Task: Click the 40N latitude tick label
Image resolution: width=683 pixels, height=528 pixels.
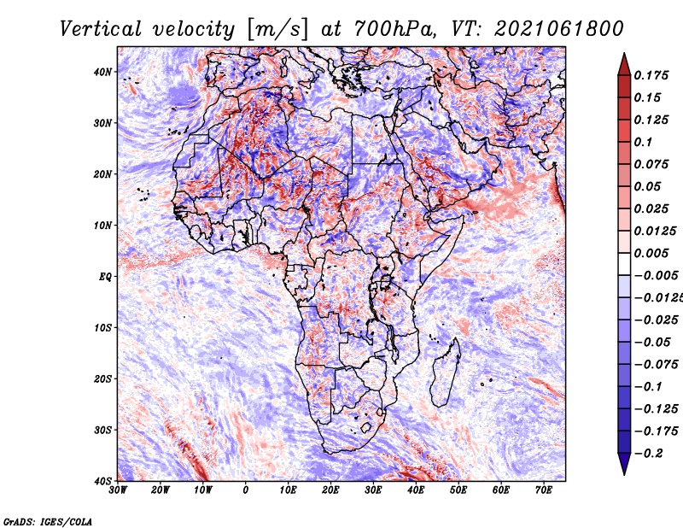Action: pos(102,72)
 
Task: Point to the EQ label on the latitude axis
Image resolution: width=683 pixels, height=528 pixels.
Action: pos(105,277)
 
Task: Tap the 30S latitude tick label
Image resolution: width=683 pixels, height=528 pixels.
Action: pos(102,431)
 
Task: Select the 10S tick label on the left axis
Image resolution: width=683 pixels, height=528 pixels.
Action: pos(102,328)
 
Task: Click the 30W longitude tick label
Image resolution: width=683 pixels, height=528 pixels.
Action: pos(118,490)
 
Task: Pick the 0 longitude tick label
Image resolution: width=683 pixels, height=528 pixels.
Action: pos(246,490)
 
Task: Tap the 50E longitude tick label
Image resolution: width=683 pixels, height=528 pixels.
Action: pos(458,490)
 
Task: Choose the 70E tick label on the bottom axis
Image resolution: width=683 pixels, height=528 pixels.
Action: pos(544,490)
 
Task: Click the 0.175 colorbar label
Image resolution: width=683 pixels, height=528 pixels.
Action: pos(651,75)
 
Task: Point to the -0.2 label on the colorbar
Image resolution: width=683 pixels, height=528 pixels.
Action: pos(649,453)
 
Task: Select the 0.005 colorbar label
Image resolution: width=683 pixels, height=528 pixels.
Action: pos(651,253)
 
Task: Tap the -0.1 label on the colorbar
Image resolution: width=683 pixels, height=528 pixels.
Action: pos(648,387)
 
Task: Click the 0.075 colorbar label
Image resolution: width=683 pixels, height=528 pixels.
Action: pos(651,164)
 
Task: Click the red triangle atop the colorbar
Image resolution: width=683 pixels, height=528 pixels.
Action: pos(624,66)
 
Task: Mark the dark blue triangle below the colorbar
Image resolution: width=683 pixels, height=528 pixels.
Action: pos(624,463)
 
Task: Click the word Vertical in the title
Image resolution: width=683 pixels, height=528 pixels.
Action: pos(101,29)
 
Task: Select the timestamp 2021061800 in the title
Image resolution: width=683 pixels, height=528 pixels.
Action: pos(559,29)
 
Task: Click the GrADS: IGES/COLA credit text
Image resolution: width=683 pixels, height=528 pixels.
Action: pos(48,522)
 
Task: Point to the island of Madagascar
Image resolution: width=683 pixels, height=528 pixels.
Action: pos(445,373)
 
